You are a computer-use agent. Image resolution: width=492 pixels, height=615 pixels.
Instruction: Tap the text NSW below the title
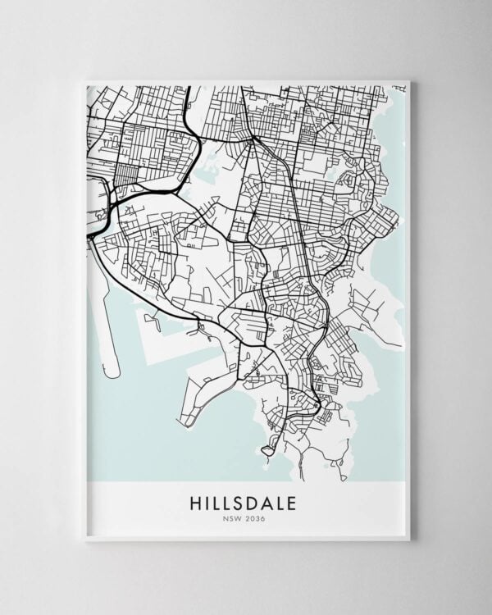[234, 517]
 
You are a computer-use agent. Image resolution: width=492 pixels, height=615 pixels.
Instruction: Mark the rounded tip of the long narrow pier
[112, 373]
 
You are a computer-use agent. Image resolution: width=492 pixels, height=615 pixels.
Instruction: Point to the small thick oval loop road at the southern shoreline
[268, 448]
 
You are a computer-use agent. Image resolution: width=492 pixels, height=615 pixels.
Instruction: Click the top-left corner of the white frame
[84, 80]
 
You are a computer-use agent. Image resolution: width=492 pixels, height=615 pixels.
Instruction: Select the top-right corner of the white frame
[409, 80]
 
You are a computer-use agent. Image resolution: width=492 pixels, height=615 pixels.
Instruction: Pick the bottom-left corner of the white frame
[84, 540]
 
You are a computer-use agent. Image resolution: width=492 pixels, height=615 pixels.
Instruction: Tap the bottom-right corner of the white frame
[409, 540]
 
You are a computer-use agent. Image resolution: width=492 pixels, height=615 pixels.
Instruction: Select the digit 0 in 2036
[253, 517]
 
